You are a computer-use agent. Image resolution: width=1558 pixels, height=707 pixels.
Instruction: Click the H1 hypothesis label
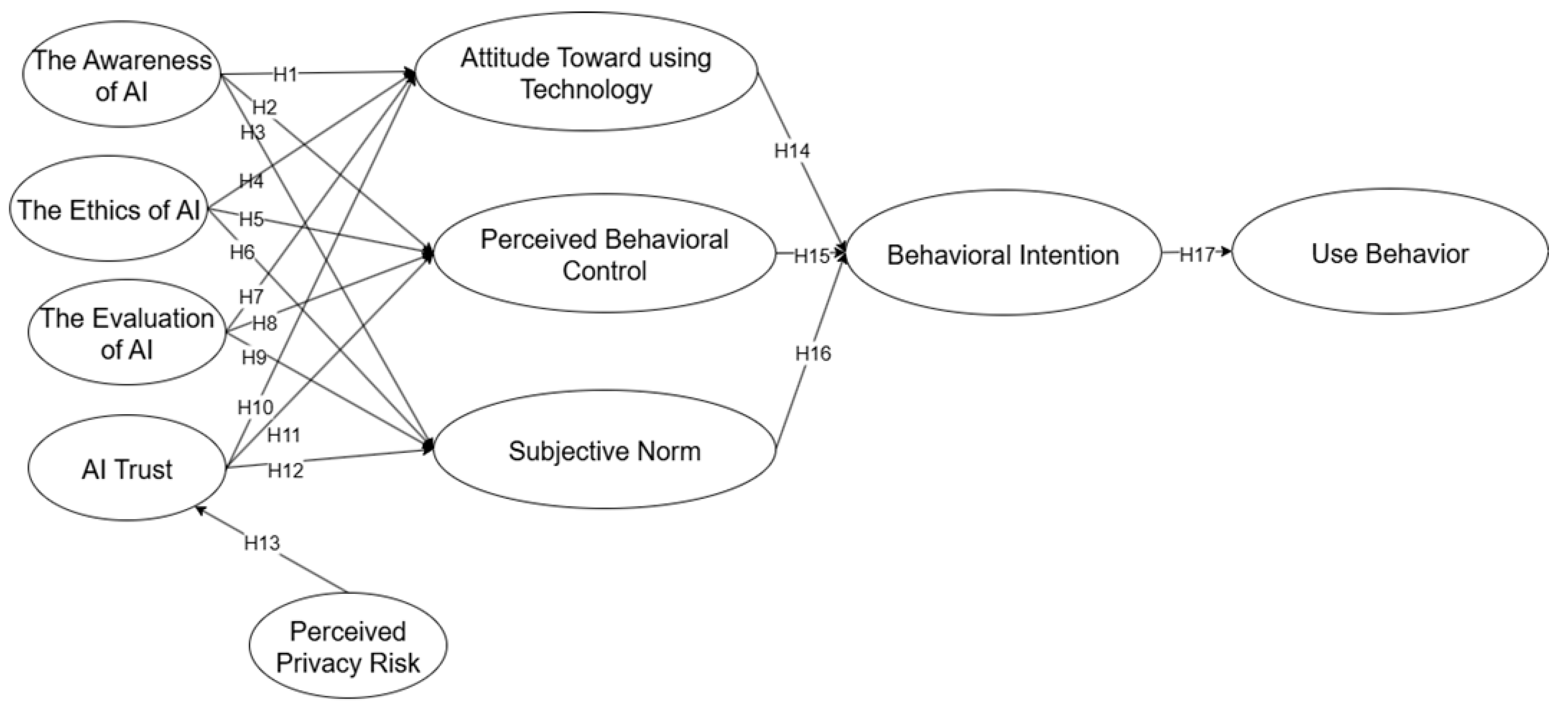(285, 74)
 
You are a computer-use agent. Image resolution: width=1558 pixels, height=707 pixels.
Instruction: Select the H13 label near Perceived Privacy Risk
(262, 543)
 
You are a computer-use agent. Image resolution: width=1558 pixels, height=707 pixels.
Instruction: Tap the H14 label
(792, 151)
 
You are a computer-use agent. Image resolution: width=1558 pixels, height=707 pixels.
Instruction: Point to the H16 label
(813, 353)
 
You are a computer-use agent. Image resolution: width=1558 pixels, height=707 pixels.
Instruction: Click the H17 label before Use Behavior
(1197, 255)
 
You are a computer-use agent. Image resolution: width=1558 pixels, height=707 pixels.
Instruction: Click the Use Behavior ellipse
(1389, 254)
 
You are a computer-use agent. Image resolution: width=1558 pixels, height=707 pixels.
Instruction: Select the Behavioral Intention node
(1003, 255)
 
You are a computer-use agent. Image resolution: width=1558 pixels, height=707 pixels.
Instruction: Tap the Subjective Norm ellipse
(604, 451)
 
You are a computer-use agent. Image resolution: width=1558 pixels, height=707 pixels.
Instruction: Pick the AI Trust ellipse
(127, 469)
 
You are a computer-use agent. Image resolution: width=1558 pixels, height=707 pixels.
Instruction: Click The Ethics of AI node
(109, 210)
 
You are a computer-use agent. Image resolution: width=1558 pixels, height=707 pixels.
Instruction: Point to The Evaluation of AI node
(127, 333)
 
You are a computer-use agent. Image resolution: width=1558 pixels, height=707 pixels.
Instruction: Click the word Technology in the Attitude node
(586, 89)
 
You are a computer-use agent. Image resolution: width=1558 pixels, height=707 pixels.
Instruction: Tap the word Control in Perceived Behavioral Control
(604, 270)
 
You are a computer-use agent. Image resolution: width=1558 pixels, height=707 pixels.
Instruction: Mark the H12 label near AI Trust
(285, 470)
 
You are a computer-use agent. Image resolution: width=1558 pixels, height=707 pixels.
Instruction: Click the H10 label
(255, 407)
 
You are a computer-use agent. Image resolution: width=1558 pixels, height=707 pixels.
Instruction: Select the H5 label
(251, 219)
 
